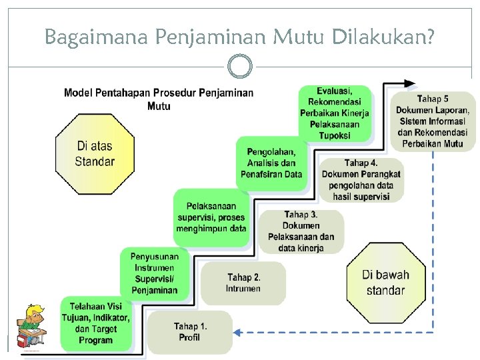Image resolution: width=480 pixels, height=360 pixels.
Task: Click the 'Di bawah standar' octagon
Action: pyautogui.click(x=385, y=282)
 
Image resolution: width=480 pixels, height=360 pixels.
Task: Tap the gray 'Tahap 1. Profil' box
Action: pyautogui.click(x=190, y=331)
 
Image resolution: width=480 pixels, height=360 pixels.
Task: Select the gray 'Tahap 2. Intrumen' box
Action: pyautogui.click(x=243, y=283)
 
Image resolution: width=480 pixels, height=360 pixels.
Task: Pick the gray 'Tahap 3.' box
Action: pyautogui.click(x=301, y=231)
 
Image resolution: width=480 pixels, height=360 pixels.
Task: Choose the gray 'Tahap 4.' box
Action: pyautogui.click(x=361, y=179)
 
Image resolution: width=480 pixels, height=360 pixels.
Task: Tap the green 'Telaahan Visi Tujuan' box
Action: pyautogui.click(x=96, y=323)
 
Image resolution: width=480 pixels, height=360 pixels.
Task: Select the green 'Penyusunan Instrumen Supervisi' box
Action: pyautogui.click(x=154, y=273)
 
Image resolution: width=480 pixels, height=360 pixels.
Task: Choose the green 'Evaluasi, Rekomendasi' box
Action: pyautogui.click(x=334, y=113)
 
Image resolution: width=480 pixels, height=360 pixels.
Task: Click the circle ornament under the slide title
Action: pyautogui.click(x=239, y=67)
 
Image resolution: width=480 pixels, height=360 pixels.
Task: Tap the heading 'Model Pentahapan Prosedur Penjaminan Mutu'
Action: pyautogui.click(x=159, y=99)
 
